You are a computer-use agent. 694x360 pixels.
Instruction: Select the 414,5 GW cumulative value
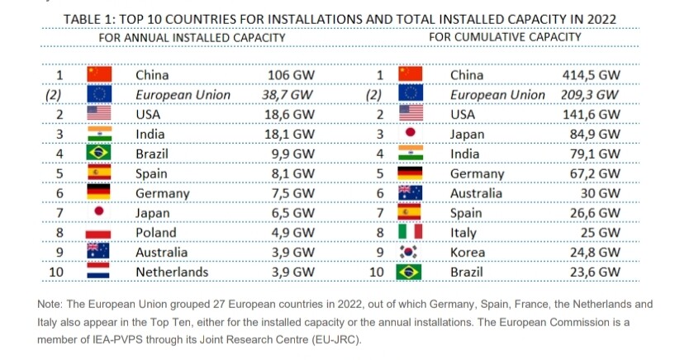[x=592, y=75]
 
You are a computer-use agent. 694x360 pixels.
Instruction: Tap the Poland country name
[x=156, y=233]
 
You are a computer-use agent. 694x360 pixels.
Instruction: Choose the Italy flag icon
[x=410, y=233]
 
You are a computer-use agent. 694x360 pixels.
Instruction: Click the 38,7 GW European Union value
[x=288, y=95]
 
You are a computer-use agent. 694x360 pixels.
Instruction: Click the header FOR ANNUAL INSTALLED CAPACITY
[x=193, y=37]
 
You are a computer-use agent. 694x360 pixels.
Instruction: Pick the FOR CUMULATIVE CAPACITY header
[x=505, y=37]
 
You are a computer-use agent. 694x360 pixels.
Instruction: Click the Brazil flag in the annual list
[x=99, y=154]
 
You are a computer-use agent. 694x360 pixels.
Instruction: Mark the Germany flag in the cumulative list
[x=410, y=173]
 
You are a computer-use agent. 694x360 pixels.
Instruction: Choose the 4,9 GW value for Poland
[x=292, y=233]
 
